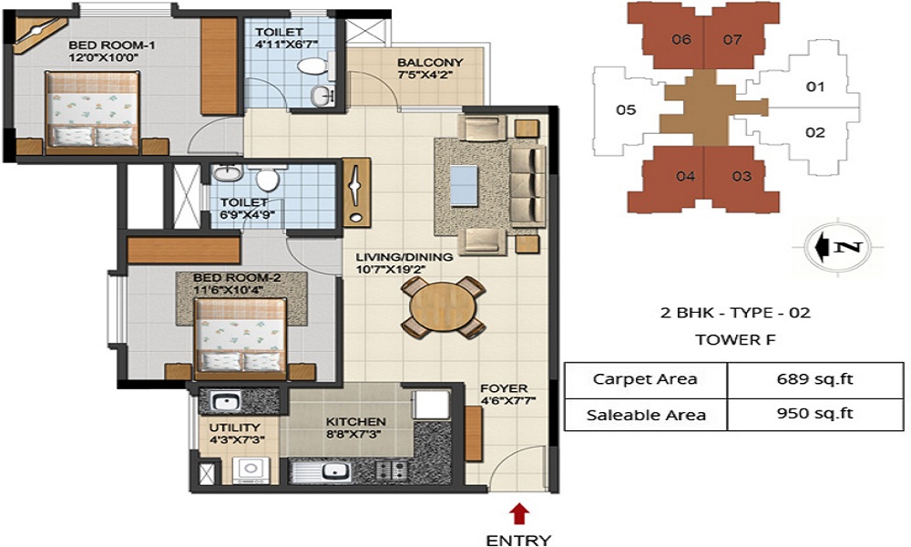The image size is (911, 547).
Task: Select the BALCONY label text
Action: pyautogui.click(x=430, y=63)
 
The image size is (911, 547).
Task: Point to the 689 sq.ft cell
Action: pyautogui.click(x=814, y=378)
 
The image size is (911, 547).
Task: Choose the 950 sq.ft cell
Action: pyautogui.click(x=814, y=414)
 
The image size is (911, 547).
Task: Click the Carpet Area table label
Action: pyautogui.click(x=645, y=378)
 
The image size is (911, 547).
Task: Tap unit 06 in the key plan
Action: pyautogui.click(x=681, y=39)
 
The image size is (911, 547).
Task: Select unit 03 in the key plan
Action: pyautogui.click(x=741, y=176)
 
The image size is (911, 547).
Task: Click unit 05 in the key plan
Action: pyautogui.click(x=625, y=110)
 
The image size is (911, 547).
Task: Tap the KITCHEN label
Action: pyautogui.click(x=356, y=422)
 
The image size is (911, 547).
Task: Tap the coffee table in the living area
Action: pyautogui.click(x=464, y=185)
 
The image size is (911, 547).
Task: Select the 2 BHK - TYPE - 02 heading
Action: pyautogui.click(x=735, y=313)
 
